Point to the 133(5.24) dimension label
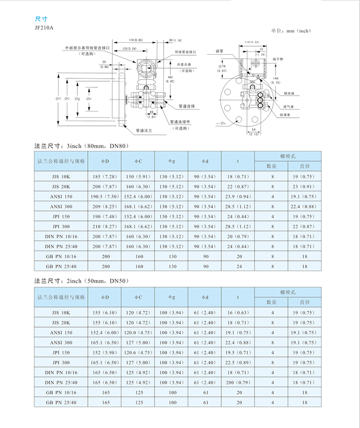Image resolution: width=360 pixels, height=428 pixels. (128, 49)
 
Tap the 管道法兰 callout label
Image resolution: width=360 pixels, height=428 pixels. (144, 131)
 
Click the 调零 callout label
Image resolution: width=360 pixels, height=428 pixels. (219, 51)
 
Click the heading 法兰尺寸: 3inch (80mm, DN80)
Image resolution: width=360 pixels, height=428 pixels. (82, 145)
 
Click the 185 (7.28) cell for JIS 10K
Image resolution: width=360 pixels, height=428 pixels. (105, 176)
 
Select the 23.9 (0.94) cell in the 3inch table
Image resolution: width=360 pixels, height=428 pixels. (238, 196)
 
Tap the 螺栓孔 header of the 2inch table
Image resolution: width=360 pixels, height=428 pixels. (288, 292)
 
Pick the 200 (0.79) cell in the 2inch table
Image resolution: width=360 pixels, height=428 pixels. (238, 382)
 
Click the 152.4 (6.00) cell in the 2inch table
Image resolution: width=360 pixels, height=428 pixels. (105, 332)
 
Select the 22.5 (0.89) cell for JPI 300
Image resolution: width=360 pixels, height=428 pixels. (238, 363)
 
